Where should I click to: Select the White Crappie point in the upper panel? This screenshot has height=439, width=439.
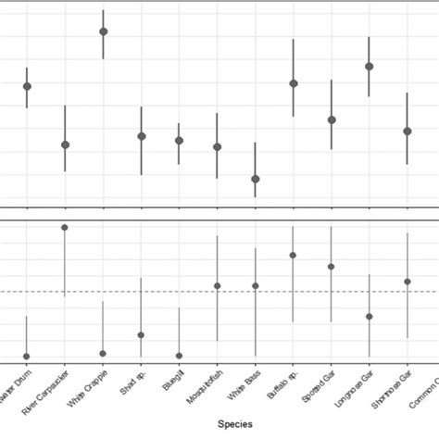click(x=103, y=31)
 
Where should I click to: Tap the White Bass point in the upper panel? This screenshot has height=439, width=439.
click(x=255, y=179)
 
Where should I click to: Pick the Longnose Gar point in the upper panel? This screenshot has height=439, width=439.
click(x=369, y=67)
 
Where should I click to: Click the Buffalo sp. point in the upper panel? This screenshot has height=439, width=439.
click(x=293, y=83)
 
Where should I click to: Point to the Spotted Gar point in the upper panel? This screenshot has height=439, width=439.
click(x=331, y=119)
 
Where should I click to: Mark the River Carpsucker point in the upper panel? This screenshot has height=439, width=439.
click(x=65, y=144)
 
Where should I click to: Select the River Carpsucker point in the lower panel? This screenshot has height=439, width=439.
click(x=65, y=227)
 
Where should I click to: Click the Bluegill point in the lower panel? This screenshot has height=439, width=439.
click(x=179, y=356)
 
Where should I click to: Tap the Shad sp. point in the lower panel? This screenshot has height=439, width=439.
click(x=141, y=335)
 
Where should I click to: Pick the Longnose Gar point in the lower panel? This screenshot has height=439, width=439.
click(x=369, y=317)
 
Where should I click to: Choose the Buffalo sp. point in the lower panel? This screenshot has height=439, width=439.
click(x=293, y=255)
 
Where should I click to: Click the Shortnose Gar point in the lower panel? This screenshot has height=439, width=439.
click(x=407, y=281)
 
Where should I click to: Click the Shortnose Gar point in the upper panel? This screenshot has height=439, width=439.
click(x=407, y=132)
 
